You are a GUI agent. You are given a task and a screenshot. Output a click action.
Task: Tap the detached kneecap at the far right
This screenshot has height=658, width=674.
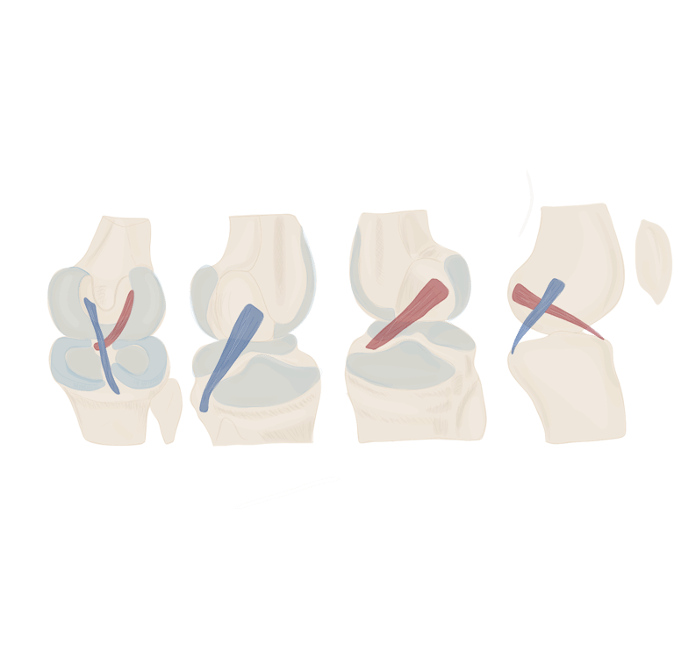(x=654, y=260)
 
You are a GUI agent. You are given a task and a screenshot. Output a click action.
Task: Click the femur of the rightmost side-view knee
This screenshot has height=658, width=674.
(x=579, y=254)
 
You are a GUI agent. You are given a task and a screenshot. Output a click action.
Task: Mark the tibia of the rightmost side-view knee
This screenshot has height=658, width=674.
(x=570, y=395)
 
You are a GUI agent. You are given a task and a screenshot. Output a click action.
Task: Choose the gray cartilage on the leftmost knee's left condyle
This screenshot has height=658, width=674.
(x=65, y=298)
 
